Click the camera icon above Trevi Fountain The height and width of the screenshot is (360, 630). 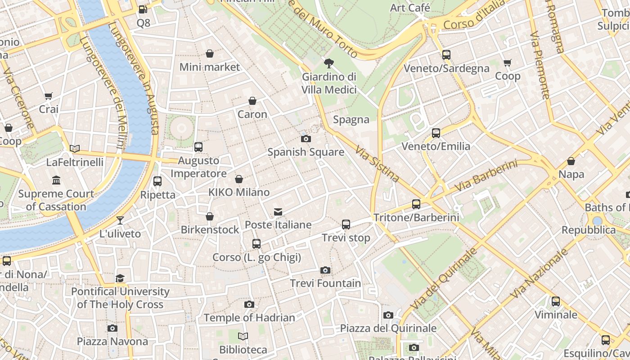(x=325, y=270)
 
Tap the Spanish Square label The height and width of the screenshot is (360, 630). (x=306, y=152)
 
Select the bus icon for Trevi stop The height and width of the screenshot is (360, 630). (x=346, y=225)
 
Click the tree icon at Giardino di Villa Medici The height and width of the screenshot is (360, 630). (x=329, y=63)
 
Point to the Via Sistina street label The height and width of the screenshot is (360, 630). (x=377, y=164)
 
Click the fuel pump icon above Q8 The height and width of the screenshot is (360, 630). (x=143, y=9)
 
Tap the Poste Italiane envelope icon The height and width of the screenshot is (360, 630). (x=278, y=211)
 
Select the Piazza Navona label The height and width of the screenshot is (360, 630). (x=112, y=341)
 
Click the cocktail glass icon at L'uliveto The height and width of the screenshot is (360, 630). (x=120, y=220)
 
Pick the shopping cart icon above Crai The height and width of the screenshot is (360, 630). (x=49, y=96)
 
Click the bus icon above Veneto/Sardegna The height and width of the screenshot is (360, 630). (x=446, y=55)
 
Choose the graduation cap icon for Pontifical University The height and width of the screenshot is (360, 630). (x=120, y=278)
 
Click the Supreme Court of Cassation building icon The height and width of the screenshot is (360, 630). (x=56, y=180)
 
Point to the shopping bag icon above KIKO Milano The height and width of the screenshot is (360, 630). (x=239, y=179)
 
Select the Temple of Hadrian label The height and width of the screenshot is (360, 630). (x=249, y=318)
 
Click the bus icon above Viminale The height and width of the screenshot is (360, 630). (x=556, y=301)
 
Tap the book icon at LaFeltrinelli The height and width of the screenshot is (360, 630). (x=75, y=148)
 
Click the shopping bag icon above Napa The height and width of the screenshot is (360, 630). (x=571, y=161)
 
